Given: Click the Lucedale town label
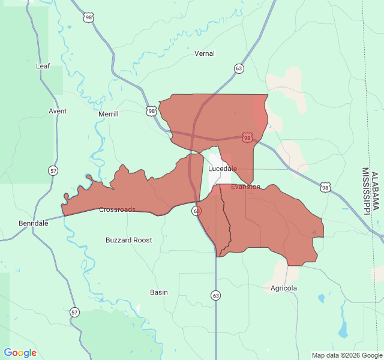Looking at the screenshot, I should (x=222, y=169).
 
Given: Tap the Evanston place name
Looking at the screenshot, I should (x=245, y=187).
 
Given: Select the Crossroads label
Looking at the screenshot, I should (x=117, y=209).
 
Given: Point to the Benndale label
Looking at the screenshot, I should (x=33, y=223).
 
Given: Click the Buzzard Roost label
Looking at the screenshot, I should (x=128, y=240).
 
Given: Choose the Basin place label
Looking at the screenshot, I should (x=159, y=292).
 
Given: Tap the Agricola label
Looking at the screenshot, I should (x=283, y=288).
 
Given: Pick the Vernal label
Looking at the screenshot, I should (x=205, y=53).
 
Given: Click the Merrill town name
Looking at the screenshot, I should (x=109, y=114).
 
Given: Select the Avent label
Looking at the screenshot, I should (x=58, y=111).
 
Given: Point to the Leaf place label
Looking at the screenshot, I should (x=43, y=66).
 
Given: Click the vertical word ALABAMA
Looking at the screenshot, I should (x=376, y=191).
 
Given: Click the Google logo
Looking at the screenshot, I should (x=20, y=353).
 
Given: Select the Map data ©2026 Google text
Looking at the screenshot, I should (x=346, y=355).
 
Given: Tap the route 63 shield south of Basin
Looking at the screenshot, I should (x=215, y=295).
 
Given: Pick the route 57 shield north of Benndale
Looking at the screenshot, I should (x=54, y=171).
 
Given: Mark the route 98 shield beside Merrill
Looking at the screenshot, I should (x=151, y=111).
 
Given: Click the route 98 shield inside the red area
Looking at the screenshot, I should (x=247, y=138).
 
